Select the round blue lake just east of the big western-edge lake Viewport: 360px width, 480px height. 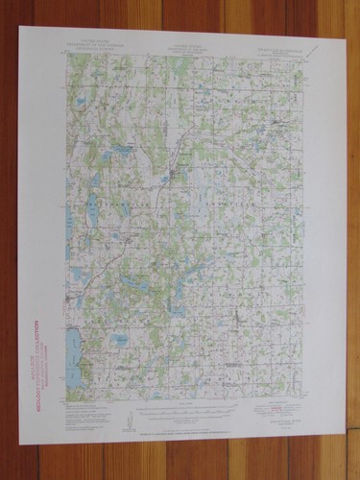pos(119,340)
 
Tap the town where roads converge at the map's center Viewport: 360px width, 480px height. pos(173,173)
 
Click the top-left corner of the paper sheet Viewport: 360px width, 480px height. pos(18,26)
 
